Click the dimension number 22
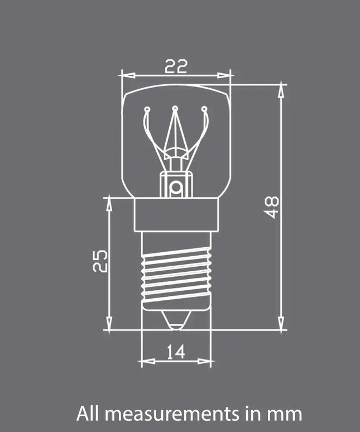click(176, 66)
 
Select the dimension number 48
click(272, 207)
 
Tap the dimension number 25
click(100, 261)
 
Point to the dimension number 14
click(175, 351)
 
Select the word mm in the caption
click(286, 414)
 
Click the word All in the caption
click(89, 414)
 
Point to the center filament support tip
click(175, 108)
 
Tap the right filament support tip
click(204, 109)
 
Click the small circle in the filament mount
click(176, 188)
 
